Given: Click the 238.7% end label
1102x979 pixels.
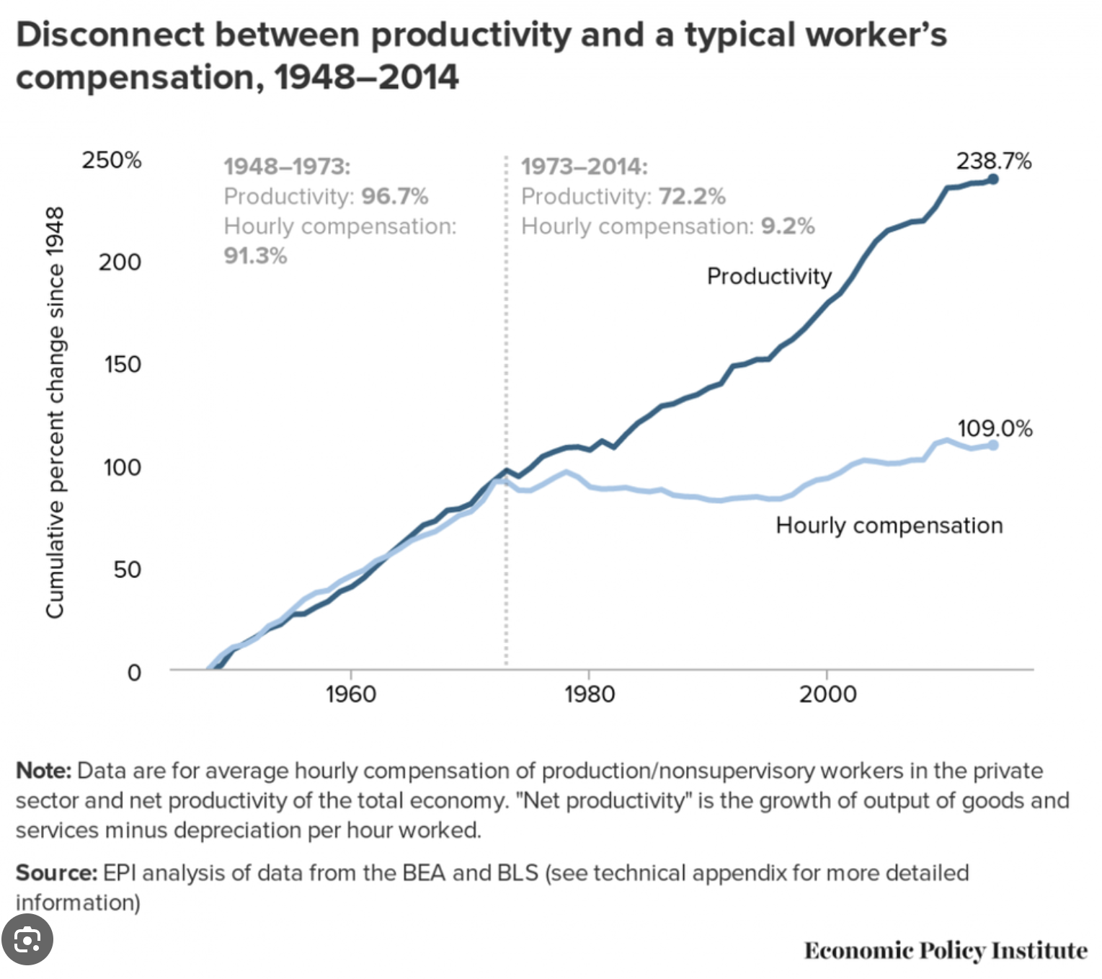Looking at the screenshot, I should click(x=993, y=161).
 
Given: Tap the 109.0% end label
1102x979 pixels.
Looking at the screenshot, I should click(x=994, y=428).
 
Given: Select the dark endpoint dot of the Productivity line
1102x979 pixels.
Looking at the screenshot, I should click(x=992, y=179).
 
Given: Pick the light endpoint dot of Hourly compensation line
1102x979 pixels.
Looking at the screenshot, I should click(x=992, y=445).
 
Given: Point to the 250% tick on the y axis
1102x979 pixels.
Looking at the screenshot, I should click(x=112, y=159).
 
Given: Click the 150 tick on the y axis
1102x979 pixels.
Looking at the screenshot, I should click(x=122, y=364).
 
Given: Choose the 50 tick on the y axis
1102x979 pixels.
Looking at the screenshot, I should click(x=127, y=570).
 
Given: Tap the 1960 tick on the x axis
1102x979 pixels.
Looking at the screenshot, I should click(x=350, y=694).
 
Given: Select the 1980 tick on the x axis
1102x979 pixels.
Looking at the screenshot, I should click(x=589, y=694).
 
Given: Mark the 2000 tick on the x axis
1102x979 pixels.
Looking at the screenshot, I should click(x=827, y=694).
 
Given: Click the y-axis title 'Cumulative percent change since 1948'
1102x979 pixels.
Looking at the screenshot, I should click(x=55, y=412).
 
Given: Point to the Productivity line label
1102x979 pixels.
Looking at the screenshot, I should click(x=769, y=276).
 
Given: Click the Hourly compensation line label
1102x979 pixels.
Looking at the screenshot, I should click(x=889, y=526).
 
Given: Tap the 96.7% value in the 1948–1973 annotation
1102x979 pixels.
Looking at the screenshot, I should click(x=395, y=196).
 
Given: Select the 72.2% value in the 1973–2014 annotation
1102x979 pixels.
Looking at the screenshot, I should click(x=692, y=196).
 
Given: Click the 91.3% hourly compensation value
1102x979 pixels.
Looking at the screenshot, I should click(x=255, y=256).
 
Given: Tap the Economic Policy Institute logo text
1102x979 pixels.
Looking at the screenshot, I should click(x=945, y=950).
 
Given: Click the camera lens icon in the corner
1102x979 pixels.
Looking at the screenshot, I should click(x=27, y=940).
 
